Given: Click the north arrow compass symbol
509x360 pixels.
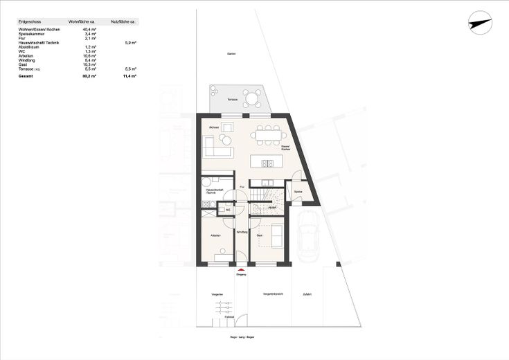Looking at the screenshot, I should [480, 23].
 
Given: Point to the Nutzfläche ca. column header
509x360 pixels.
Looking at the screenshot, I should [124, 22].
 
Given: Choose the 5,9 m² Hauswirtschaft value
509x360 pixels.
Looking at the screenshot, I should [130, 42].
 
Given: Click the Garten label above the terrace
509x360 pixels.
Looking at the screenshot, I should [231, 54].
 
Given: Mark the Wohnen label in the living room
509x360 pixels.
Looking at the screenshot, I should [214, 128].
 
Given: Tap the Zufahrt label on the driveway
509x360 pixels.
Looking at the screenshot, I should [307, 295].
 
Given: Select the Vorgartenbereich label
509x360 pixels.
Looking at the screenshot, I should [273, 295].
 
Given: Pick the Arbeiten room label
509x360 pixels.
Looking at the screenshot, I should [215, 237].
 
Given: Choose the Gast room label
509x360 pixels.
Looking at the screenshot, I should [260, 237].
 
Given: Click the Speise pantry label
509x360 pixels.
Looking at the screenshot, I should [298, 190].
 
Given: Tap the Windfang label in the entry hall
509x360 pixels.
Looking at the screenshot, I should [242, 232].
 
